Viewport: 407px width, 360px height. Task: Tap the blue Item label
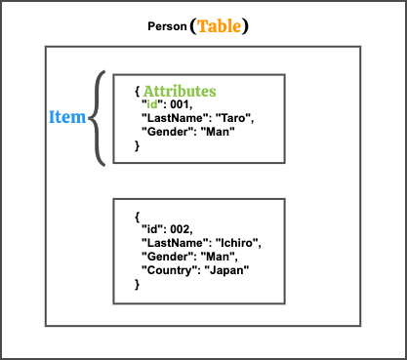point(66,117)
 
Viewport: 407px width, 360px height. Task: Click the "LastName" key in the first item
point(173,118)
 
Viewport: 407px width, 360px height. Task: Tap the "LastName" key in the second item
point(173,242)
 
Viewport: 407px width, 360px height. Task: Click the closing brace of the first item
point(137,145)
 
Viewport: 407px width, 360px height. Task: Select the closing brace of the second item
point(137,283)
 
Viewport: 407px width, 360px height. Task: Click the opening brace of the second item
point(137,215)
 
